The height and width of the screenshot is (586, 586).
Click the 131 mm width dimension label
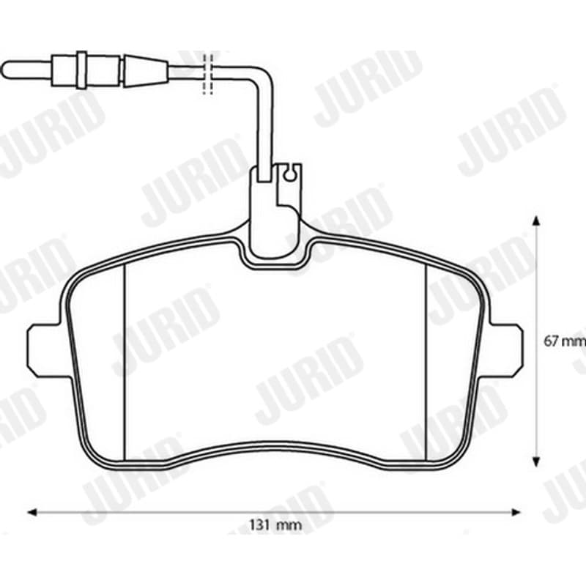click(x=275, y=525)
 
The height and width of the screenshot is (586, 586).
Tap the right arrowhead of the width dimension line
click(x=516, y=512)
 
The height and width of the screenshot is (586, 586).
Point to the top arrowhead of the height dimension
click(x=536, y=220)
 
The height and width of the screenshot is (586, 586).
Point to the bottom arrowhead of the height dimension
click(x=536, y=462)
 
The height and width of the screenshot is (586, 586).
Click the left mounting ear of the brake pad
click(x=47, y=351)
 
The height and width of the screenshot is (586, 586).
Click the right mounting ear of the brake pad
click(x=505, y=351)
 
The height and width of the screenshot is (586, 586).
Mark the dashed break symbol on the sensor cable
click(x=207, y=74)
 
